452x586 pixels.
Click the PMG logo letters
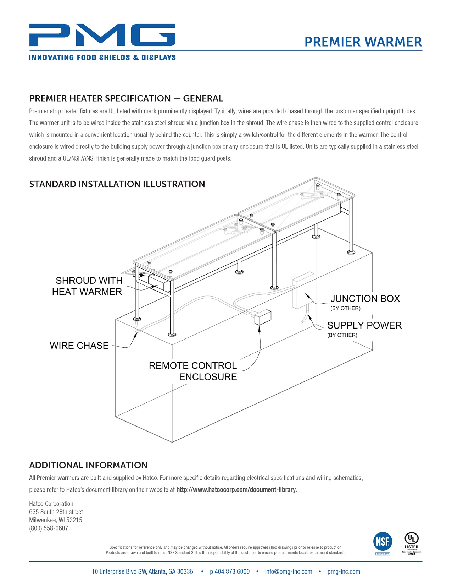point(102,35)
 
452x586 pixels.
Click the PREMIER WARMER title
point(363,42)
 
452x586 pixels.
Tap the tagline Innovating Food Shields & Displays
point(102,58)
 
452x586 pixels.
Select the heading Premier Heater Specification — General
point(126,98)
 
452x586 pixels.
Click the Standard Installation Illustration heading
point(117,184)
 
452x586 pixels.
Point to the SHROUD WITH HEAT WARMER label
point(88,286)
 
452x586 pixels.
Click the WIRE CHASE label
point(79,346)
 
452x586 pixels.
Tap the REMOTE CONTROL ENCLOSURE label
point(193,371)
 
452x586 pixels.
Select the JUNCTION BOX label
point(365,299)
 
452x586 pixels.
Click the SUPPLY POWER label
point(364,325)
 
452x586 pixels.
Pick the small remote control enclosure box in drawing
point(263,317)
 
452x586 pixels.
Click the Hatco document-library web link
point(236,489)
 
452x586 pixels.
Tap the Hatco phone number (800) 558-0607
point(49,528)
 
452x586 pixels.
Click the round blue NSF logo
point(383,542)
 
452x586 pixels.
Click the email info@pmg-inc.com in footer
point(289,571)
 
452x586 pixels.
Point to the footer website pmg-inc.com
point(344,571)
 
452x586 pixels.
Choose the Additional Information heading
point(88,465)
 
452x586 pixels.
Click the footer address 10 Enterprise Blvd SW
point(142,571)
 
